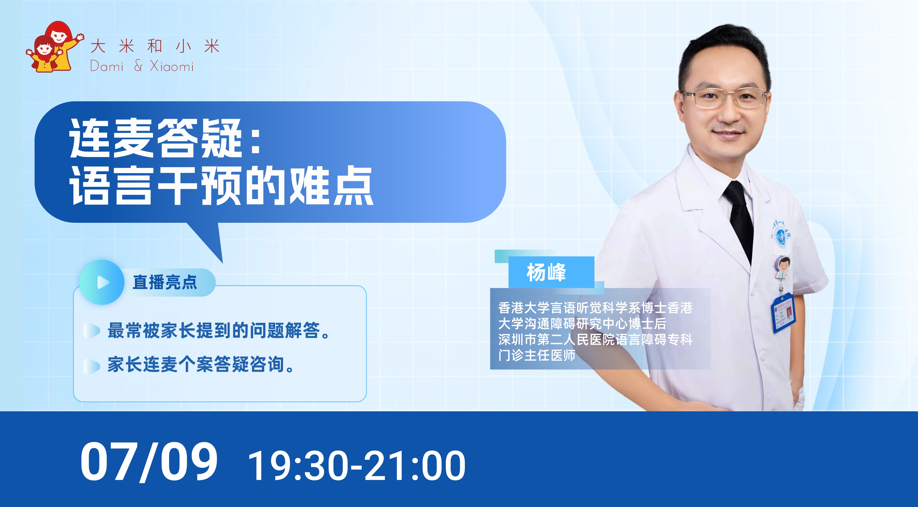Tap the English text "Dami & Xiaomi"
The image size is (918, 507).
click(x=142, y=66)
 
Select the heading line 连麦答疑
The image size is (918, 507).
click(x=165, y=138)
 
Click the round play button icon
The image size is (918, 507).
click(x=102, y=282)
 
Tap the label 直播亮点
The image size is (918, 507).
click(x=165, y=282)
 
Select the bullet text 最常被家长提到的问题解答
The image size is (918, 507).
click(x=218, y=330)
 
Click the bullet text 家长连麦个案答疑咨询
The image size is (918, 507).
click(x=201, y=364)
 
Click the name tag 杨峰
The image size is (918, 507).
click(x=546, y=273)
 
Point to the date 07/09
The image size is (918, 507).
click(x=149, y=462)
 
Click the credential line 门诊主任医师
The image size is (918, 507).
click(x=537, y=355)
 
